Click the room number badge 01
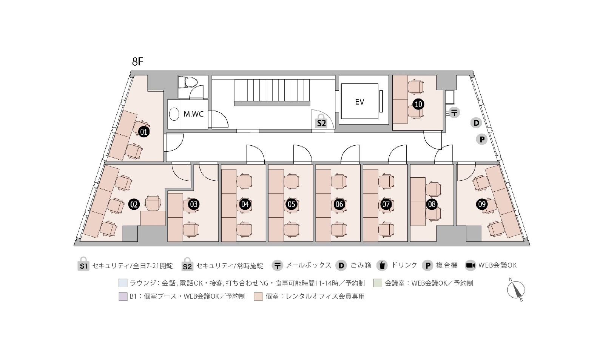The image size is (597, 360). (143, 132)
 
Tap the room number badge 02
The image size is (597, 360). (134, 205)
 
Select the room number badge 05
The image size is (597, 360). (292, 205)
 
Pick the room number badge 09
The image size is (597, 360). (482, 205)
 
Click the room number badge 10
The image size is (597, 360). (418, 104)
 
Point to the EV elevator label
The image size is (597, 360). (359, 102)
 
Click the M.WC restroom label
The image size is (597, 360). (193, 114)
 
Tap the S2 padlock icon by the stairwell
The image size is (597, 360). (321, 121)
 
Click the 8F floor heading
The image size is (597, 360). (137, 62)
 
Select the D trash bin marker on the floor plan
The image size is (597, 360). (476, 123)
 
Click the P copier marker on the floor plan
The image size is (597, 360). (482, 140)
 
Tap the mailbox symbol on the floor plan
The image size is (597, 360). (455, 112)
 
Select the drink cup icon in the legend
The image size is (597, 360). (382, 265)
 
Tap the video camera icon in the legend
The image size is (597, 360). (471, 265)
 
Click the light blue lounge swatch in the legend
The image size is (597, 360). (123, 283)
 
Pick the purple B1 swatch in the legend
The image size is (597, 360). (123, 297)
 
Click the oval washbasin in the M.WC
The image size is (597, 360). (174, 114)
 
